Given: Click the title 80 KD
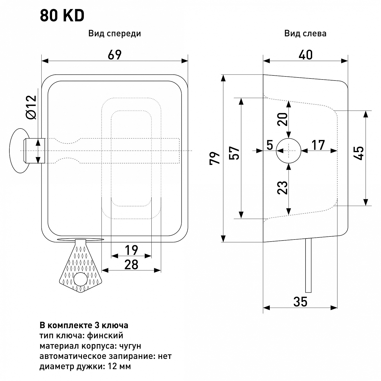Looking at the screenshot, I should pyautogui.click(x=62, y=16).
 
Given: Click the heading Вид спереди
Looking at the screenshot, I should pyautogui.click(x=115, y=34).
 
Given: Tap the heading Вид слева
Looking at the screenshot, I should pyautogui.click(x=305, y=34).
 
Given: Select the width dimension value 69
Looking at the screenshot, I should pyautogui.click(x=115, y=55).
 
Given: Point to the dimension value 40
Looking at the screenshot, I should pyautogui.click(x=306, y=55).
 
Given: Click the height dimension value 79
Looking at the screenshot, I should pyautogui.click(x=215, y=158).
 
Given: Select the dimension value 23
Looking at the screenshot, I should pyautogui.click(x=282, y=187).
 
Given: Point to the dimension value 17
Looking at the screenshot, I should pyautogui.click(x=318, y=145).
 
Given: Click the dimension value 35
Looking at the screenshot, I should pyautogui.click(x=300, y=302).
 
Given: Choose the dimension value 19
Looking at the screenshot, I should pyautogui.click(x=131, y=250).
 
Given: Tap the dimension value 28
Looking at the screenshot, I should pyautogui.click(x=131, y=265).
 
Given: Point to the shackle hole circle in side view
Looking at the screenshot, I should pyautogui.click(x=289, y=151).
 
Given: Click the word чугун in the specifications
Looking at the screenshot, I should pyautogui.click(x=130, y=346).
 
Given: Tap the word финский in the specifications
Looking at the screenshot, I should pyautogui.click(x=105, y=336).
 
